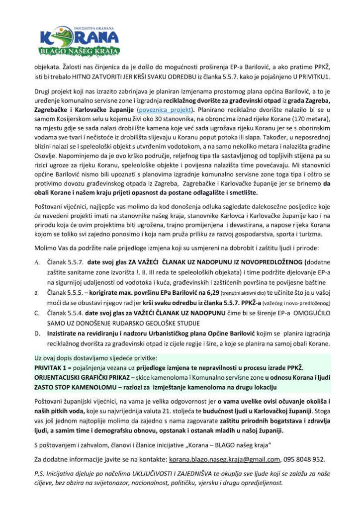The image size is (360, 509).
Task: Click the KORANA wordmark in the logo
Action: [x=80, y=37]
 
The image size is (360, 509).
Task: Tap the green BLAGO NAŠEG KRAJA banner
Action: [x=80, y=51]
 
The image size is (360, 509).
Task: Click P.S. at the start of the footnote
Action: [x=40, y=474]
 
